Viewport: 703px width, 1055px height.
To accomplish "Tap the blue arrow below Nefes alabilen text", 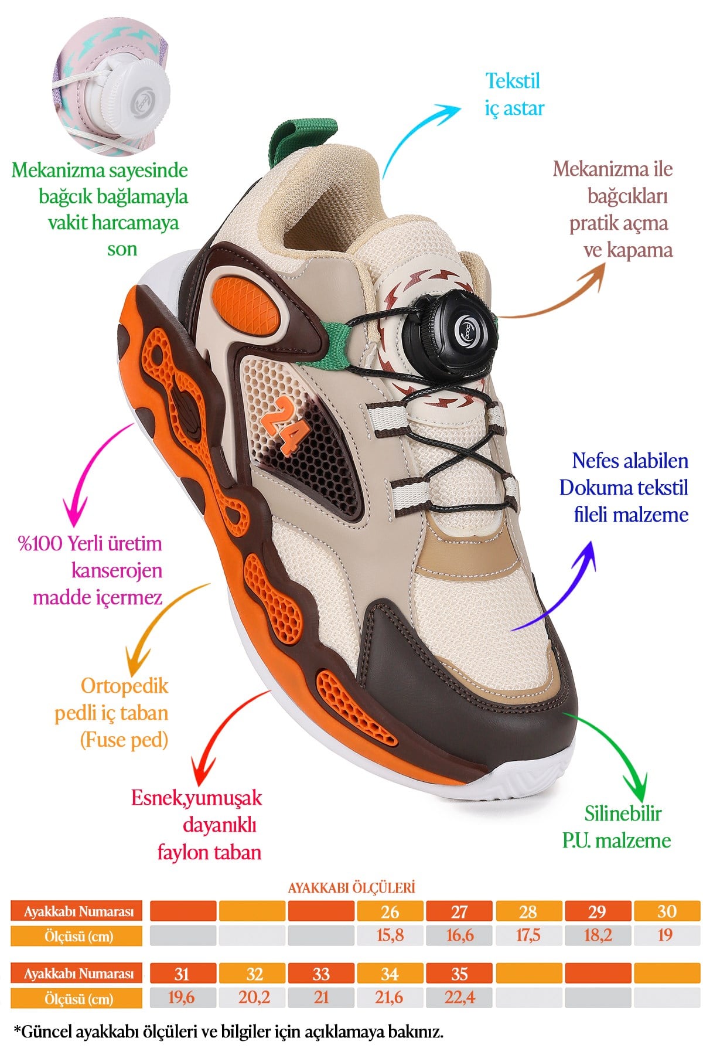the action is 562,586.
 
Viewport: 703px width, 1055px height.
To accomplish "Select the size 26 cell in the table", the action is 390,911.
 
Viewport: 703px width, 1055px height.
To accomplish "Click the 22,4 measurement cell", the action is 460,997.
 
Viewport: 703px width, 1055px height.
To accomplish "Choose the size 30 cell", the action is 667,911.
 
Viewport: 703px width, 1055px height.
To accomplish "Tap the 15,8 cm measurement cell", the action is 390,935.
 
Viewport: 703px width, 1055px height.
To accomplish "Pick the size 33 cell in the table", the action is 321,974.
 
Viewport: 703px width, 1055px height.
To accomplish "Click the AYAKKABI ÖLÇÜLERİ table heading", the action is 351,887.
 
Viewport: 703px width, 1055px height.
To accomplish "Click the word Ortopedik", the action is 124,686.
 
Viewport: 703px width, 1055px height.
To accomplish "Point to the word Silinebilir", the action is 623,814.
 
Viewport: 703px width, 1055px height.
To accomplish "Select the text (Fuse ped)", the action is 124,740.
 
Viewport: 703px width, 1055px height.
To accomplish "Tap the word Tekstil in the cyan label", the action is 513,81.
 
